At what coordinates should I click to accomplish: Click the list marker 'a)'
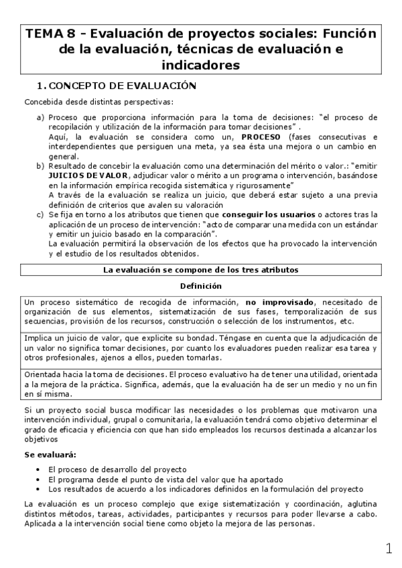pos(41,117)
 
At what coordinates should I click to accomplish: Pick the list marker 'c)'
pos(41,214)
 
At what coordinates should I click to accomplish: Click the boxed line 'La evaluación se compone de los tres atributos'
pos(200,270)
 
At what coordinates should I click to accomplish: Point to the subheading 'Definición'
pos(200,286)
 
